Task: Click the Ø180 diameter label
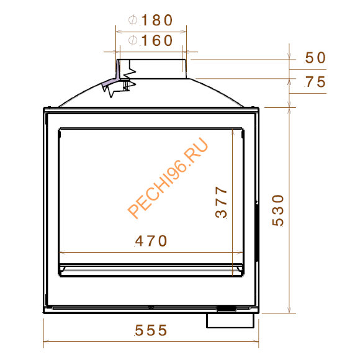pyautogui.click(x=151, y=20)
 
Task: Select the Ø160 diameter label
pyautogui.click(x=151, y=41)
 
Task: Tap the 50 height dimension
pyautogui.click(x=316, y=58)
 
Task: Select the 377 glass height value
pyautogui.click(x=222, y=203)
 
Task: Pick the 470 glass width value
pyautogui.click(x=151, y=241)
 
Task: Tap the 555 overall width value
pyautogui.click(x=151, y=331)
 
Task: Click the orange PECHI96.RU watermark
pyautogui.click(x=168, y=178)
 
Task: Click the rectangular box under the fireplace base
pyautogui.click(x=230, y=320)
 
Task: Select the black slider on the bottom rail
pyautogui.click(x=225, y=308)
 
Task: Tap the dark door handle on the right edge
pyautogui.click(x=256, y=230)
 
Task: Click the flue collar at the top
pyautogui.click(x=152, y=68)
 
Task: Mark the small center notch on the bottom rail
pyautogui.click(x=151, y=307)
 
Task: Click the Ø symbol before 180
pyautogui.click(x=132, y=20)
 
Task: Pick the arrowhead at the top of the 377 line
pyautogui.click(x=233, y=132)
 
